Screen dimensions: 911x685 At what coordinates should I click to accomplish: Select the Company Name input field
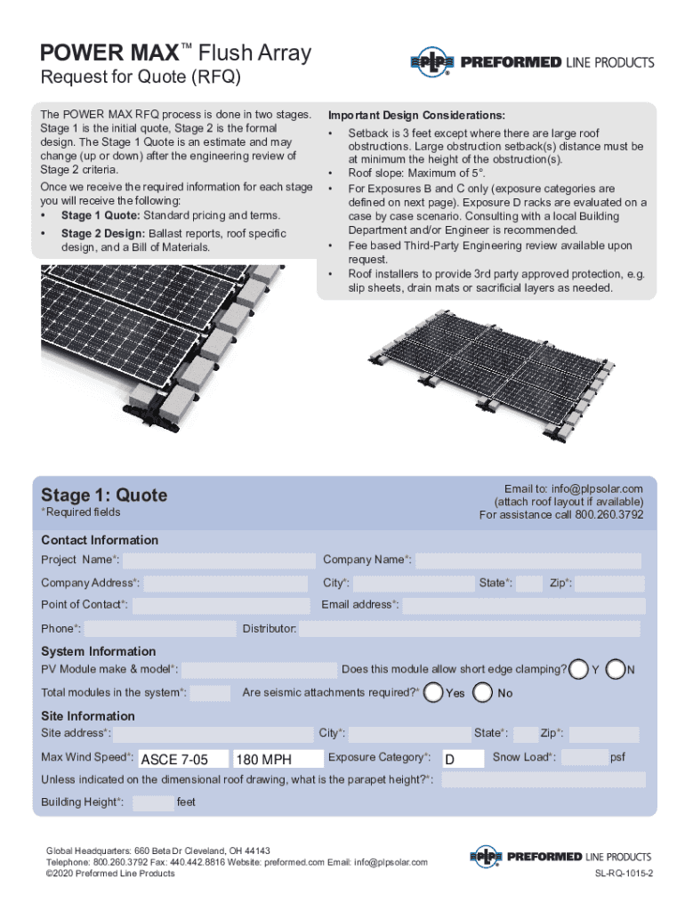528,560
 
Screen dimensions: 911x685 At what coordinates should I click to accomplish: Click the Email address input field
523,606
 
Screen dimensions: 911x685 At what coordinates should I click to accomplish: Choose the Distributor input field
469,629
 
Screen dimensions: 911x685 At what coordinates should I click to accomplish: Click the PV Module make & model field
257,670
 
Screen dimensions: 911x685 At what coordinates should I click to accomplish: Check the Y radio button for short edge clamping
579,668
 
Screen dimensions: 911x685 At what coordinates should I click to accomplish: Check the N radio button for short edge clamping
615,668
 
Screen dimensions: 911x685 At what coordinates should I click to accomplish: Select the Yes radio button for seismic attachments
434,692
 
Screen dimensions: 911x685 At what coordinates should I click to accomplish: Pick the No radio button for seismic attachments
483,692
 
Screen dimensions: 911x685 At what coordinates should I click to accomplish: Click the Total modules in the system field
211,693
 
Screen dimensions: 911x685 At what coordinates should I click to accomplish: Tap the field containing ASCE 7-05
181,759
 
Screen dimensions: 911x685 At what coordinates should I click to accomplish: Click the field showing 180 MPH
277,759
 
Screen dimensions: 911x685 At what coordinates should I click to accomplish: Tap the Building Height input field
154,803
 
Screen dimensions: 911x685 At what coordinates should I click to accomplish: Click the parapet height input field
543,780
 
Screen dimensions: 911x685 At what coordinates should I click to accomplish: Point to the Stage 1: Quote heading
104,495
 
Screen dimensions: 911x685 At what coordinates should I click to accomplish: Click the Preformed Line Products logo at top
531,62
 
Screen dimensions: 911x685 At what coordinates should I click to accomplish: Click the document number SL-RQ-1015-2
625,874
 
